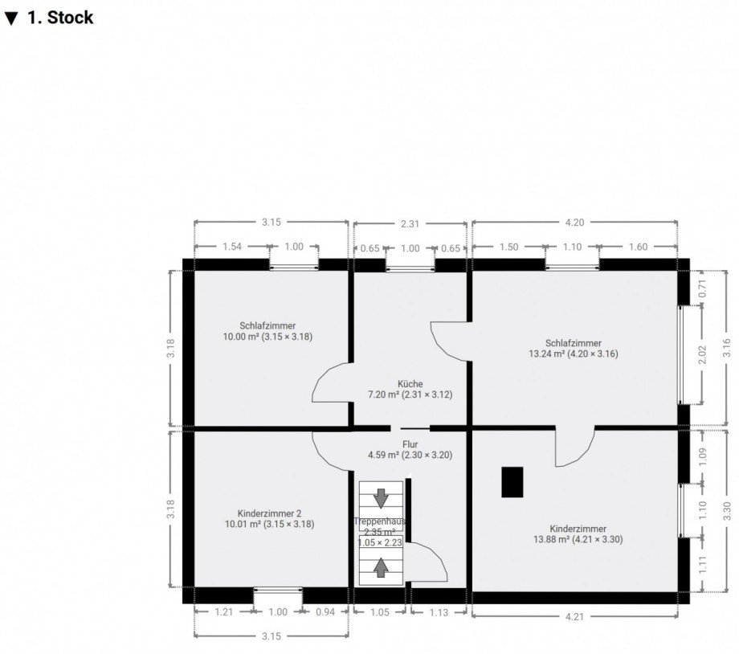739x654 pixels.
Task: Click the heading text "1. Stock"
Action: pyautogui.click(x=60, y=18)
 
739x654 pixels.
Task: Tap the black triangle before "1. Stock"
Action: pyautogui.click(x=10, y=18)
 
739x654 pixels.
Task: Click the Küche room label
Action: pyautogui.click(x=410, y=383)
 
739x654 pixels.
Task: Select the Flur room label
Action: pyautogui.click(x=410, y=443)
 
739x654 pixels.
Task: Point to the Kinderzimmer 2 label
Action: pyautogui.click(x=270, y=513)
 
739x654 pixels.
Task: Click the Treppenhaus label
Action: pyautogui.click(x=380, y=521)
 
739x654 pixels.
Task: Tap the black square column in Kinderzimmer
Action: pyautogui.click(x=512, y=482)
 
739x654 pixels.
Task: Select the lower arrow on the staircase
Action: pyautogui.click(x=381, y=567)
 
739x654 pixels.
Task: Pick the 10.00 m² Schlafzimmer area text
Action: pyautogui.click(x=267, y=337)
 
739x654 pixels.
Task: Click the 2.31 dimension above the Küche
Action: pyautogui.click(x=410, y=224)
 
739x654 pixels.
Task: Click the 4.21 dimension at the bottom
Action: pyautogui.click(x=574, y=618)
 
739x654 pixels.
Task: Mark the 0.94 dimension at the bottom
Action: pyautogui.click(x=325, y=612)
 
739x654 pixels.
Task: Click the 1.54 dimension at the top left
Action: pyautogui.click(x=231, y=247)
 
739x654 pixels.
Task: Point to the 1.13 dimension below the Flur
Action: pyautogui.click(x=438, y=612)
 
